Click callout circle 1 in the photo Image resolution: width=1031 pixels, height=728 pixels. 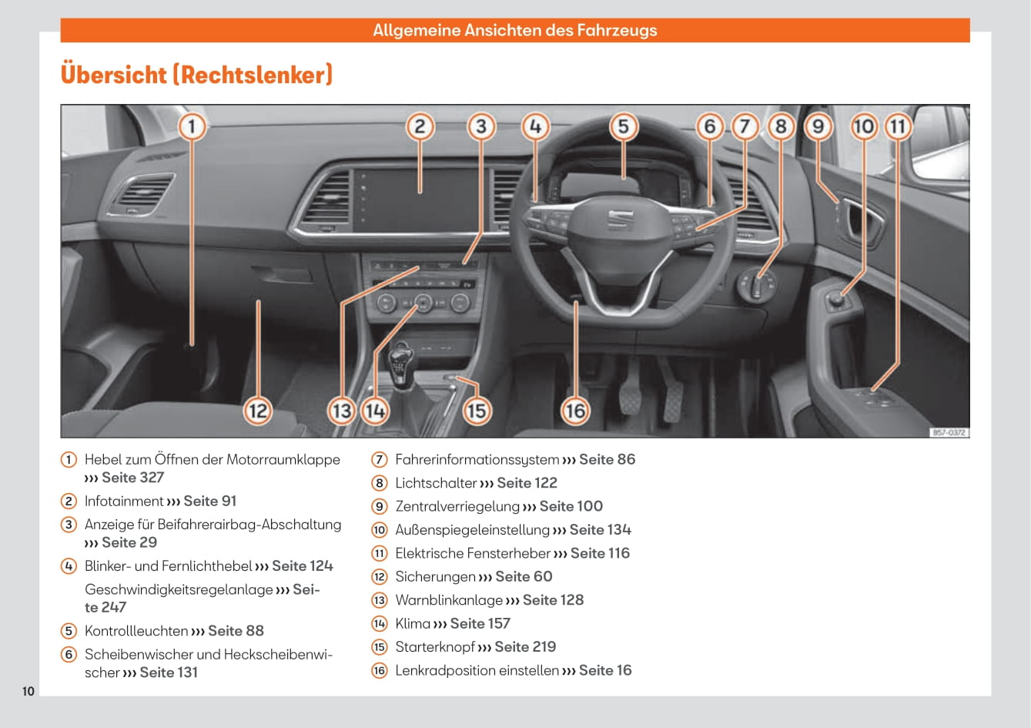192,126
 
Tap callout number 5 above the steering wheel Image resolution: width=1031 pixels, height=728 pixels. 623,126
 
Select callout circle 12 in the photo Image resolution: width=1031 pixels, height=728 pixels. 258,411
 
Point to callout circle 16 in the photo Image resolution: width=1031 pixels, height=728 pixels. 575,411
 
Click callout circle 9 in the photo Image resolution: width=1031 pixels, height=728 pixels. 818,126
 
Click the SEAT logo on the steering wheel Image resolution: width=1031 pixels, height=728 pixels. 621,220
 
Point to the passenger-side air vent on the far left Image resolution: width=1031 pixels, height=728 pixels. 142,193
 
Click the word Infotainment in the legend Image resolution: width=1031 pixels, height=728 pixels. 124,501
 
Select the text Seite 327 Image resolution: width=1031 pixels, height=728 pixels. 132,478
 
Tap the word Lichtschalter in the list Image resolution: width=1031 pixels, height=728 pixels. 436,483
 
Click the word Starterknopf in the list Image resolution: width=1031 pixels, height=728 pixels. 435,647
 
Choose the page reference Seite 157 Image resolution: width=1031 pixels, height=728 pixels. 480,623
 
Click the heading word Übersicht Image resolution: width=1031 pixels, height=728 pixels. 113,74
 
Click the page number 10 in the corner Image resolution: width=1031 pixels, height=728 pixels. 28,691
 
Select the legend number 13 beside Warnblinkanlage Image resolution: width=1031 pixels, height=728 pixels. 380,600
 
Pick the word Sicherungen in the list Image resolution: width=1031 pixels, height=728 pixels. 435,576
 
